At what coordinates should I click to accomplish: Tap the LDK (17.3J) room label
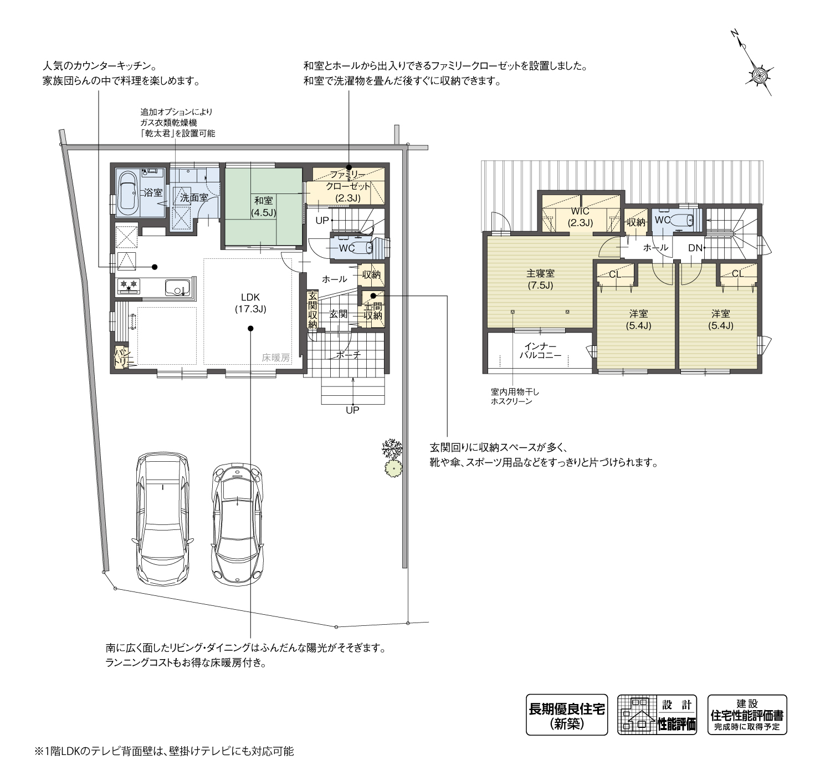pyautogui.click(x=250, y=303)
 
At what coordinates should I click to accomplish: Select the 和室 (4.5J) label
pyautogui.click(x=263, y=206)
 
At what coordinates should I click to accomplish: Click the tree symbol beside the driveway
pyautogui.click(x=392, y=457)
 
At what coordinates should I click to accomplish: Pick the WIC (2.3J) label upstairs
pyautogui.click(x=580, y=217)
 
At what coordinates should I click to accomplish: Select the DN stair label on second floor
pyautogui.click(x=695, y=248)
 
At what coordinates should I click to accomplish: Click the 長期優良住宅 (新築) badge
pyautogui.click(x=566, y=715)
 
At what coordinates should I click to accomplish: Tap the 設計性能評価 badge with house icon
pyautogui.click(x=657, y=715)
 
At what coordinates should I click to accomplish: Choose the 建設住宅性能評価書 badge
pyautogui.click(x=747, y=715)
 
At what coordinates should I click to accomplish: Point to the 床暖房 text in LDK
pyautogui.click(x=276, y=358)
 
